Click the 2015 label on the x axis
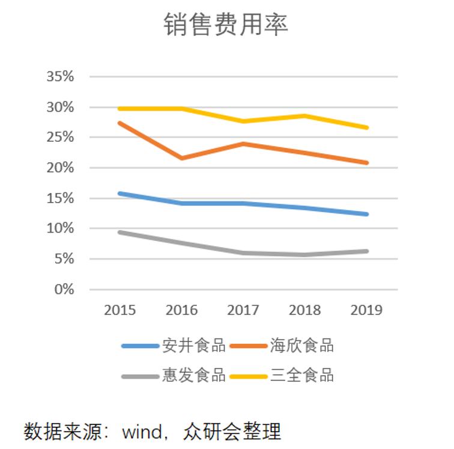(120, 310)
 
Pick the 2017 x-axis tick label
(243, 310)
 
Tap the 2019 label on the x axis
(366, 310)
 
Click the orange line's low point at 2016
(182, 158)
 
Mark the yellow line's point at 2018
(305, 115)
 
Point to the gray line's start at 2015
(120, 232)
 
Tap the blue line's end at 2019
(366, 214)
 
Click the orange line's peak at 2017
(243, 144)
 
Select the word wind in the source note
(142, 432)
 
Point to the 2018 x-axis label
(305, 310)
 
